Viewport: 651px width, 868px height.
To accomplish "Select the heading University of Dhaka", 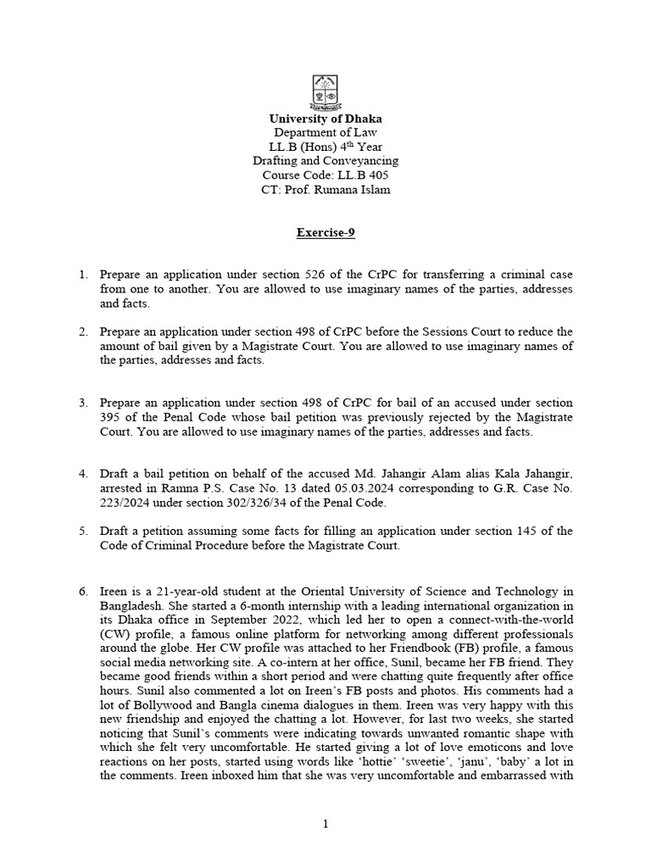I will [x=325, y=119].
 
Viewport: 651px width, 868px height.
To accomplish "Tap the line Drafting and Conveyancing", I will [x=325, y=161].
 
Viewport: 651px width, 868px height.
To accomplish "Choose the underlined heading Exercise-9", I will [x=325, y=231].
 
